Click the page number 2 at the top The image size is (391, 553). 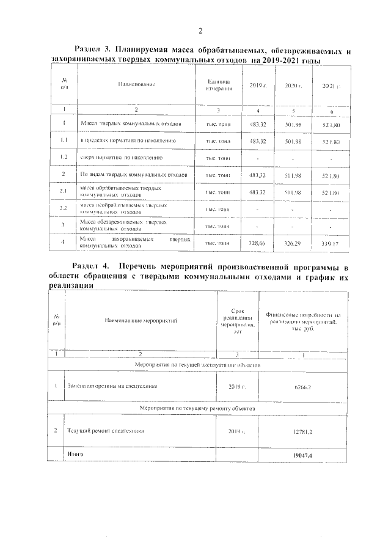(x=200, y=31)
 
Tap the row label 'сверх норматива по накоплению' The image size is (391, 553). (x=122, y=158)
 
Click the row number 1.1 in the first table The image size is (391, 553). (x=64, y=141)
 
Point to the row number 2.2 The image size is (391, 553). (x=64, y=208)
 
